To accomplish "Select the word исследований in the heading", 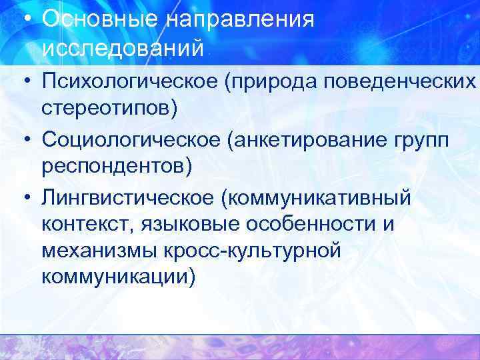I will coord(123,48).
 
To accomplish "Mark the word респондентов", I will coord(115,167).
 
